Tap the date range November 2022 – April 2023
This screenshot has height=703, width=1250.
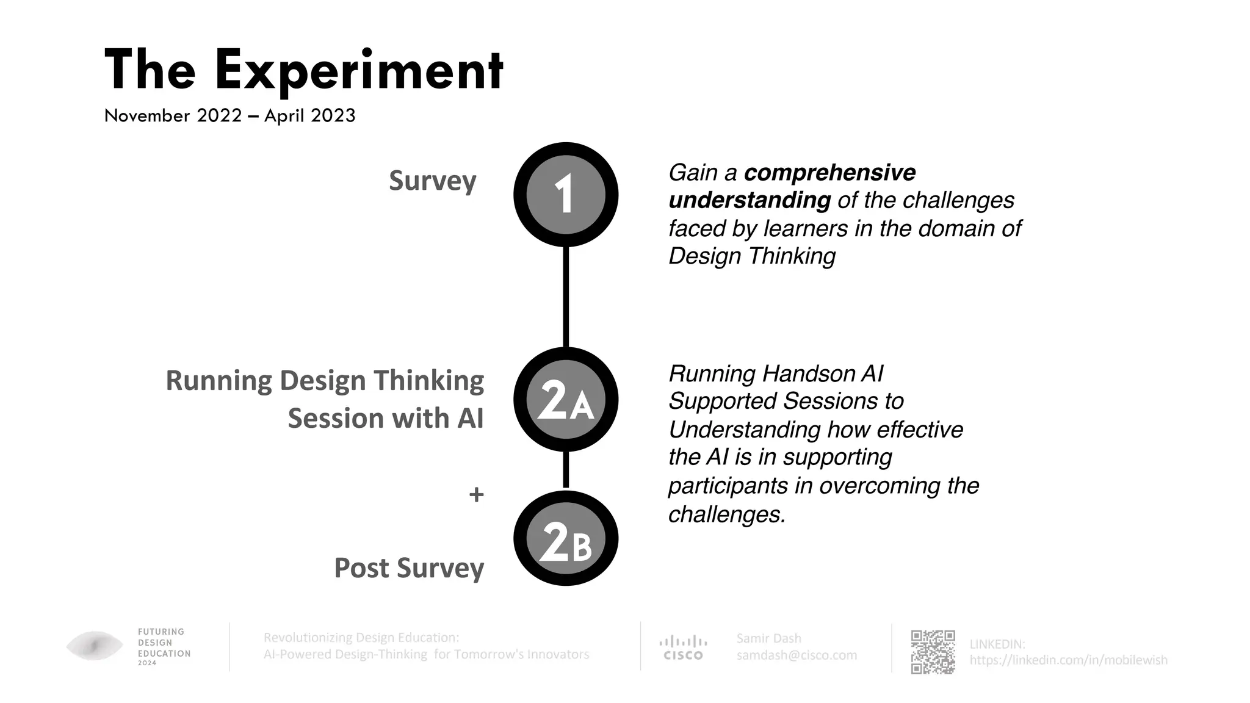229,115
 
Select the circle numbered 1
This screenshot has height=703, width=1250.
566,195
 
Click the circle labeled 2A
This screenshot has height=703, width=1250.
566,400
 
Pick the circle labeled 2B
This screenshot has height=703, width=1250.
566,539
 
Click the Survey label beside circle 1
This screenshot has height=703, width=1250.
432,181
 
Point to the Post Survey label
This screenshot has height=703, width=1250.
409,568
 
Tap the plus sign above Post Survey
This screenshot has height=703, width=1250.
476,494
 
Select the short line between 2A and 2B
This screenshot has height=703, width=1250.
566,470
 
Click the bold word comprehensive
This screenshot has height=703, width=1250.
829,173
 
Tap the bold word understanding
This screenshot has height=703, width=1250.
750,200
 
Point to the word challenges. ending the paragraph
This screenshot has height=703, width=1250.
727,514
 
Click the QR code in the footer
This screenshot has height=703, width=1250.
933,652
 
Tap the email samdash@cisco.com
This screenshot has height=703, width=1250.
797,655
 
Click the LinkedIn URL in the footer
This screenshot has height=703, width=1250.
1068,660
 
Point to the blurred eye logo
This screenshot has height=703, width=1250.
95,646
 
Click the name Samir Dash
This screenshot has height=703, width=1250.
768,638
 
